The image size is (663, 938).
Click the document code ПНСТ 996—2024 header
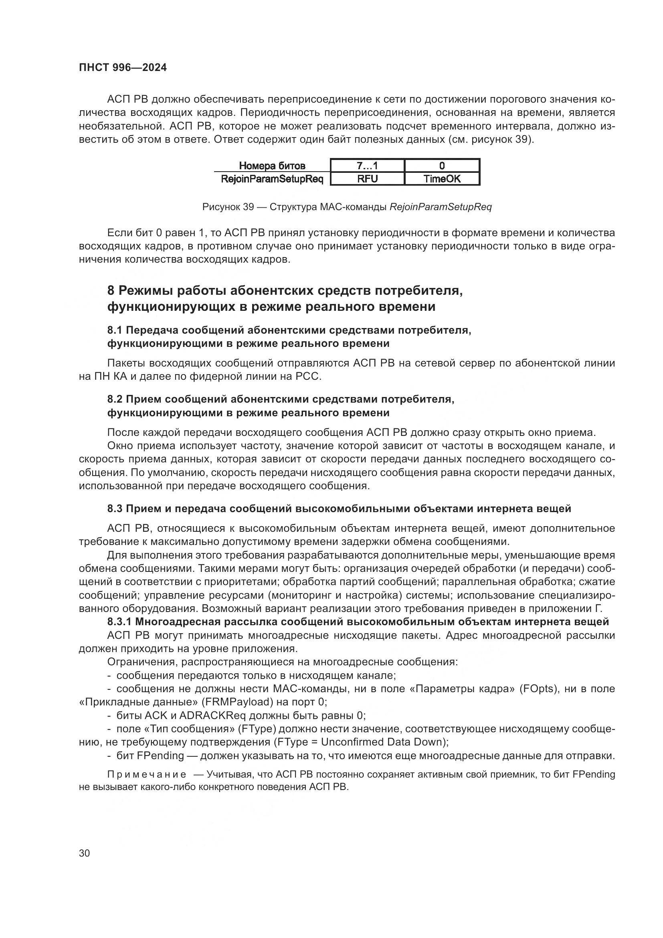tap(123, 67)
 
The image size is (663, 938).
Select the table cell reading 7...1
tap(367, 166)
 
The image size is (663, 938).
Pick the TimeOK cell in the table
tap(442, 179)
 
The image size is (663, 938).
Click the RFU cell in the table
tap(367, 179)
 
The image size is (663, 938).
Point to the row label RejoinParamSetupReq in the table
tap(272, 179)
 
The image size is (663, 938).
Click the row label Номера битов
tap(272, 166)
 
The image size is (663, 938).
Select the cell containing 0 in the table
tap(442, 166)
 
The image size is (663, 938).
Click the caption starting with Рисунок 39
tap(347, 207)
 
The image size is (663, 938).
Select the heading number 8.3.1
tap(119, 622)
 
